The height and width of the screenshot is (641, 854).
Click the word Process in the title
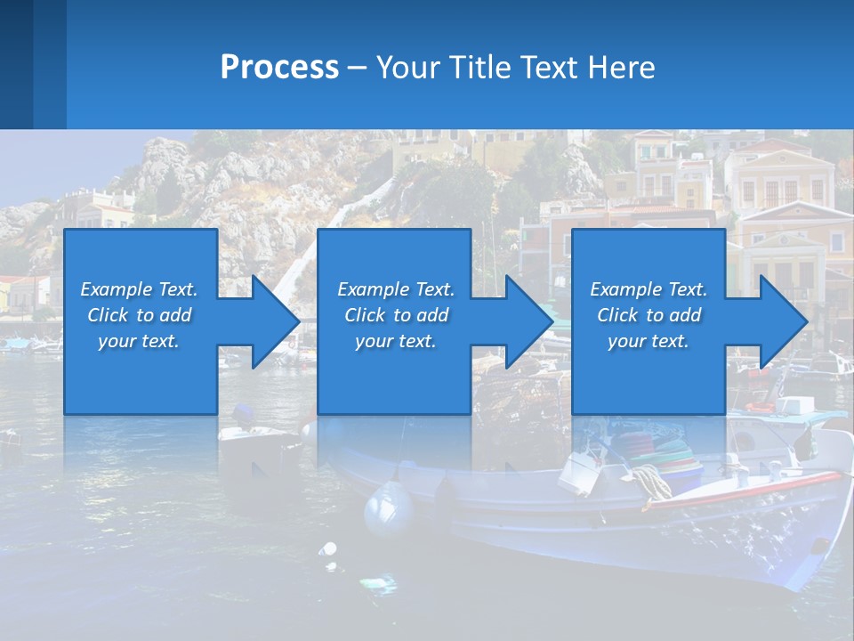pyautogui.click(x=279, y=67)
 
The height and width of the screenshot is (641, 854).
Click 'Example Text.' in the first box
pyautogui.click(x=139, y=288)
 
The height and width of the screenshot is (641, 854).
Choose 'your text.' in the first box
pyautogui.click(x=139, y=341)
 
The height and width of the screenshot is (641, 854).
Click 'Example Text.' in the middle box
pyautogui.click(x=396, y=288)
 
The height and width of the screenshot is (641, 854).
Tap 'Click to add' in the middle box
pyautogui.click(x=396, y=315)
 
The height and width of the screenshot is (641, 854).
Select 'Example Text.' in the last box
pyautogui.click(x=649, y=288)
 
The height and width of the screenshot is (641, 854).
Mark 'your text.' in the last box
pyautogui.click(x=649, y=341)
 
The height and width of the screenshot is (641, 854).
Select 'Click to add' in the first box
pyautogui.click(x=139, y=315)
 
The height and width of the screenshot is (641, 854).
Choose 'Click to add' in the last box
pyautogui.click(x=649, y=315)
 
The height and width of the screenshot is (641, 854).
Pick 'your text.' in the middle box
pyautogui.click(x=396, y=341)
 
